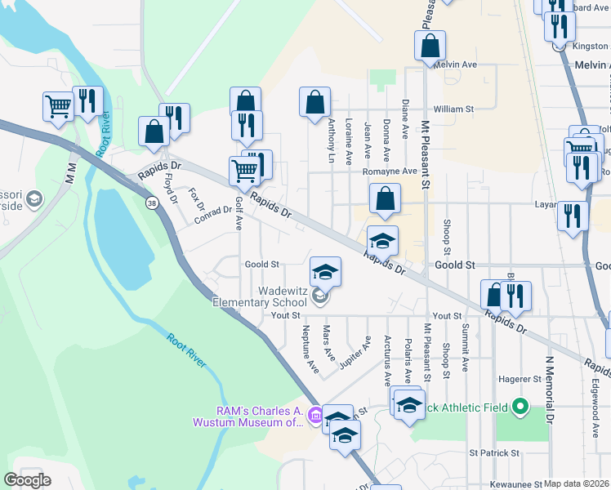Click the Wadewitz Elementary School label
point(258,296)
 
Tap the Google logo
point(28,480)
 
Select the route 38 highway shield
point(152,203)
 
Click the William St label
point(453,109)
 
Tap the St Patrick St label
point(494,452)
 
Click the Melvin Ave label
point(456,65)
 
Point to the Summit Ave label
point(465,347)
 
